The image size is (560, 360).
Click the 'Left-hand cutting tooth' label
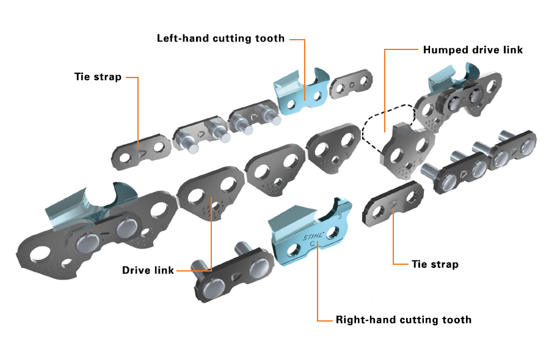(220, 38)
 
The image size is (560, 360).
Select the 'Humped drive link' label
(473, 49)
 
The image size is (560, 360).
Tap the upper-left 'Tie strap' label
(98, 77)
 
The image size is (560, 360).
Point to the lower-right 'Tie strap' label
(435, 264)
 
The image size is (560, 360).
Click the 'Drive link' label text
(148, 270)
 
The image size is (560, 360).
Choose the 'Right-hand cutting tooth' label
(404, 319)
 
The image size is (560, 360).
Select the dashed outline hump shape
(379, 122)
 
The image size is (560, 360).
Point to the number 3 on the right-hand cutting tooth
(341, 215)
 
